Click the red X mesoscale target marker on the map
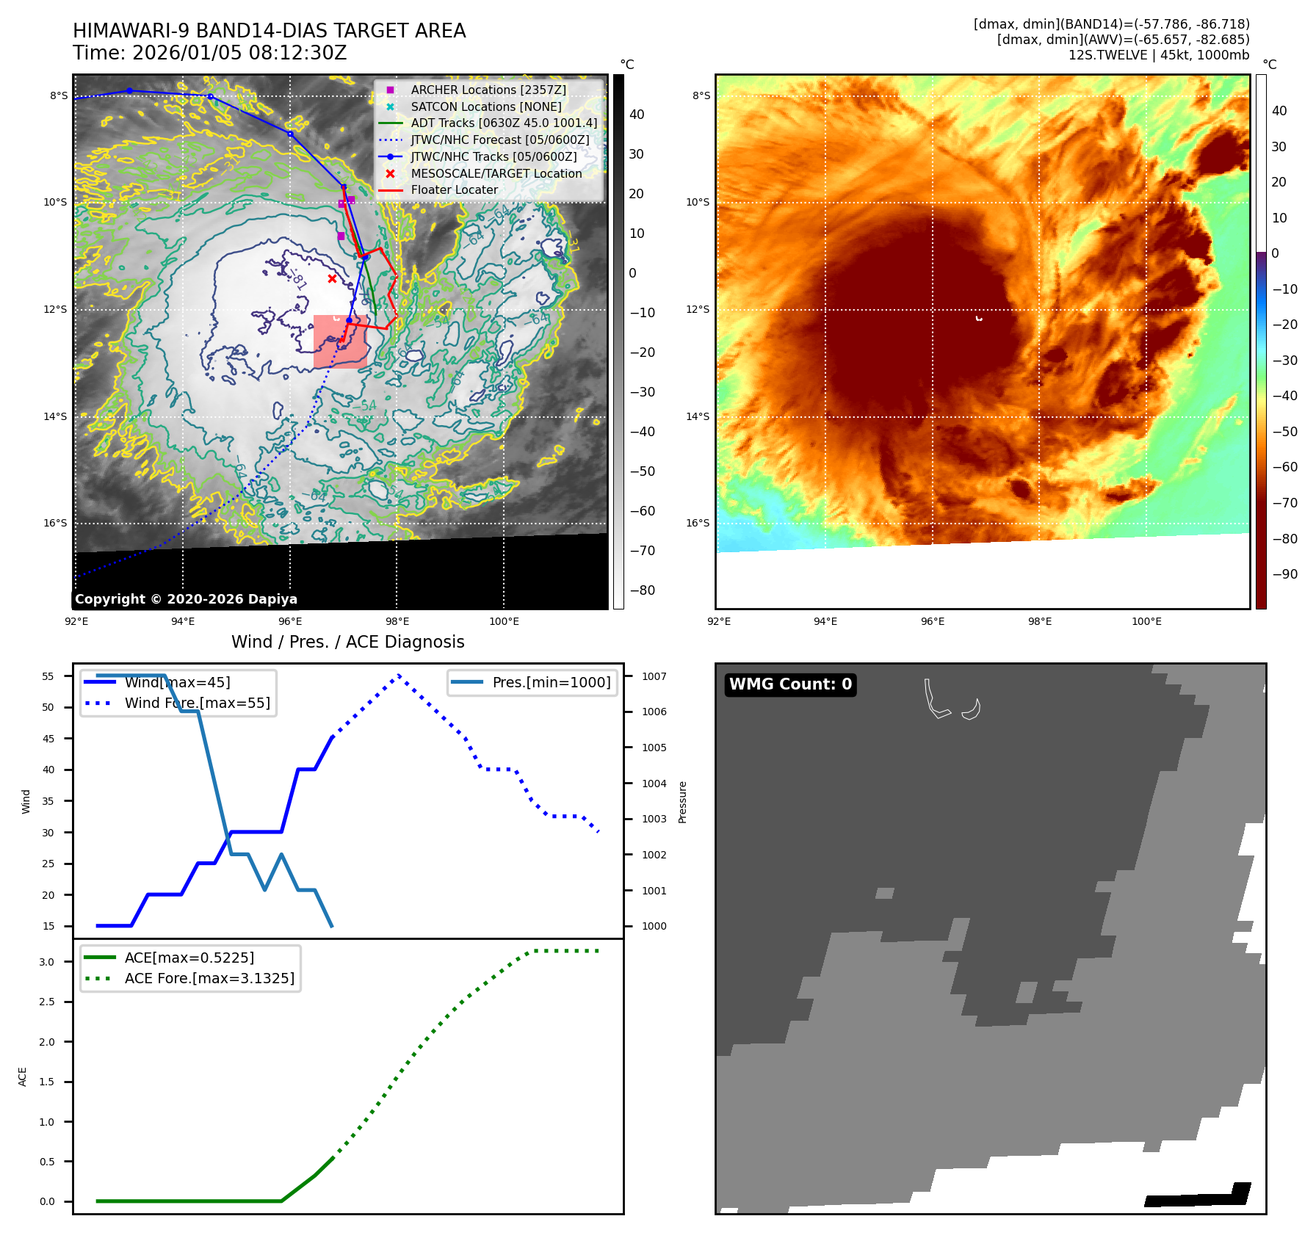[332, 279]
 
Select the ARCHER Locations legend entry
[488, 90]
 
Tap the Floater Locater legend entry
[454, 190]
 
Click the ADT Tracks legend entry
[504, 123]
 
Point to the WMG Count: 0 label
[790, 684]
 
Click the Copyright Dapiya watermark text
[186, 599]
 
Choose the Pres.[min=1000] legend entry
[551, 683]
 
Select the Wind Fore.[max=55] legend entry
[197, 703]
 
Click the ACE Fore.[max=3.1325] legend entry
[209, 979]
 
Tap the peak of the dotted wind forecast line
[399, 676]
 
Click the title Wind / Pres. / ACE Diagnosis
[347, 643]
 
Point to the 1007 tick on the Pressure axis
[654, 676]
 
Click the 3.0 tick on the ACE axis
[47, 962]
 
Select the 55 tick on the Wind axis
[48, 676]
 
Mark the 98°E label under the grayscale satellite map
[397, 622]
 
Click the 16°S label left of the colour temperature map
[698, 524]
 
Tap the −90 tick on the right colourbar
[1284, 574]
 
